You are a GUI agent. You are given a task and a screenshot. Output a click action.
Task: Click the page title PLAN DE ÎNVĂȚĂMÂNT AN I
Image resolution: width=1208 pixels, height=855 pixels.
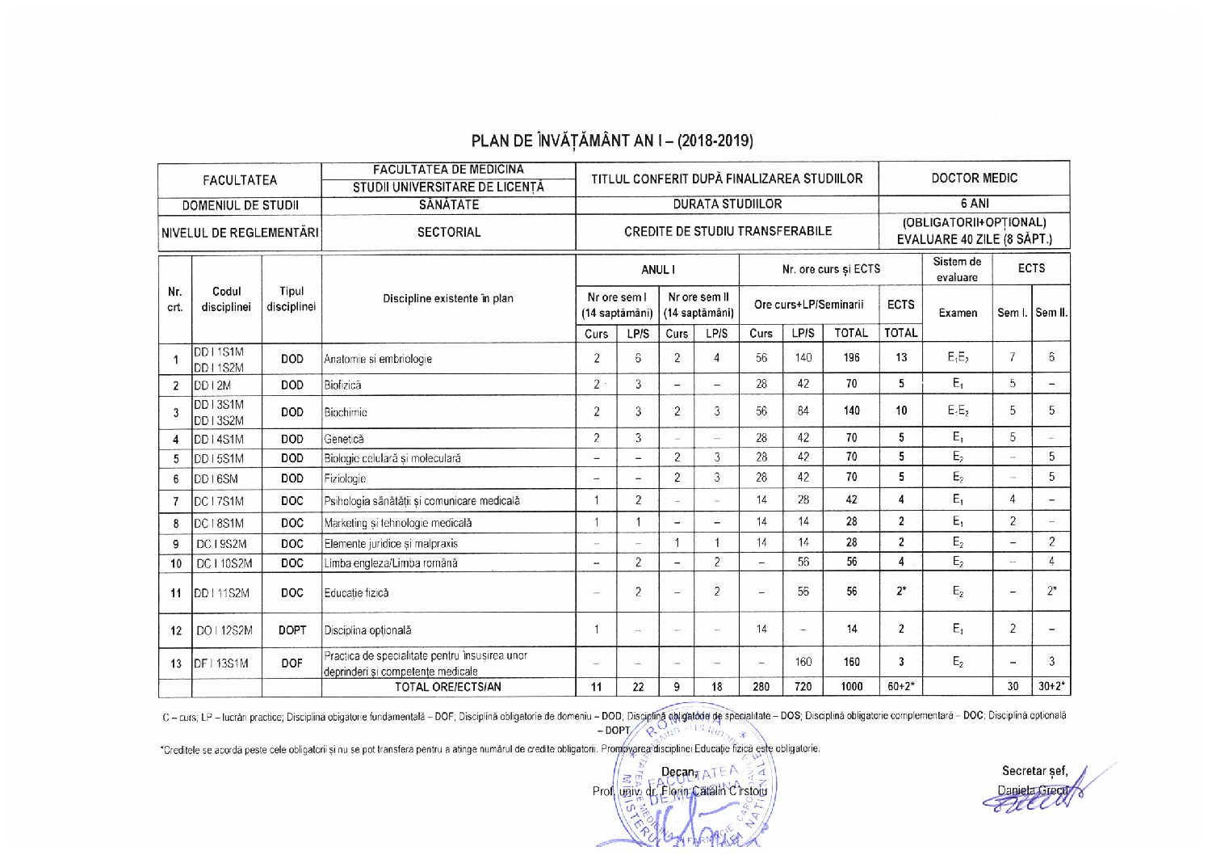click(x=611, y=141)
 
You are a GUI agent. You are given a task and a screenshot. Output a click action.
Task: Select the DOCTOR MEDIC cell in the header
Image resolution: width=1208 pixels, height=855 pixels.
click(x=974, y=178)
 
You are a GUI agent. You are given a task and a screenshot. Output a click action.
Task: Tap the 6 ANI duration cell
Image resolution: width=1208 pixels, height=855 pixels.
click(x=974, y=204)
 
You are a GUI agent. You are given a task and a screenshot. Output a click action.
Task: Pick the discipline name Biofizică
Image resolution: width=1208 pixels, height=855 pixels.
click(x=343, y=385)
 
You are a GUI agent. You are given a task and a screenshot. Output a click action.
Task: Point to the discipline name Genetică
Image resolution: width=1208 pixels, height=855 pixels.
click(x=344, y=440)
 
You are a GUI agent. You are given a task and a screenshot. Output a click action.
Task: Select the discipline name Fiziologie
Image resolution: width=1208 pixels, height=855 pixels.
click(x=346, y=478)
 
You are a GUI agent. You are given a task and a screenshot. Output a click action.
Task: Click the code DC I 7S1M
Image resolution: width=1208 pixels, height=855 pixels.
click(x=218, y=501)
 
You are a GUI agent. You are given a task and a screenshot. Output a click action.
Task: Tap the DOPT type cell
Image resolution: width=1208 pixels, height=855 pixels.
click(x=292, y=630)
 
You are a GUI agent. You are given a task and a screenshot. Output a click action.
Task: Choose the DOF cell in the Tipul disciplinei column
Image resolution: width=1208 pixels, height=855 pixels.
click(x=292, y=663)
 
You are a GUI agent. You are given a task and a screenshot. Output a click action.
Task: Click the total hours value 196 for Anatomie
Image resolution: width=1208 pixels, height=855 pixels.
click(x=851, y=358)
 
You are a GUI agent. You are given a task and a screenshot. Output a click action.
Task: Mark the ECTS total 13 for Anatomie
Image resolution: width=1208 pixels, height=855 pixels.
click(x=900, y=358)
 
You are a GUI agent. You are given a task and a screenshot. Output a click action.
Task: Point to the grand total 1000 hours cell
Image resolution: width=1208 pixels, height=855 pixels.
click(x=851, y=687)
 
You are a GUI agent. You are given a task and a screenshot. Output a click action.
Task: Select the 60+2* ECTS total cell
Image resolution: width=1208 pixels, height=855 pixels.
click(x=900, y=687)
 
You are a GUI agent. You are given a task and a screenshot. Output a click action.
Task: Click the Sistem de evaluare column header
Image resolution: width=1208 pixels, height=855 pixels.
click(x=957, y=269)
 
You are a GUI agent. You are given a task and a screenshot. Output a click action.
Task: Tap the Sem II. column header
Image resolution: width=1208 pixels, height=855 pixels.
click(x=1051, y=313)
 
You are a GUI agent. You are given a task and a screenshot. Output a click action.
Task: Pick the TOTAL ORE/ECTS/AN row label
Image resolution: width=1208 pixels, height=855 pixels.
click(x=448, y=687)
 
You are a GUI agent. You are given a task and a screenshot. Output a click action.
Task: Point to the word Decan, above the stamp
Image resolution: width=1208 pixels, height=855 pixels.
click(x=679, y=772)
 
